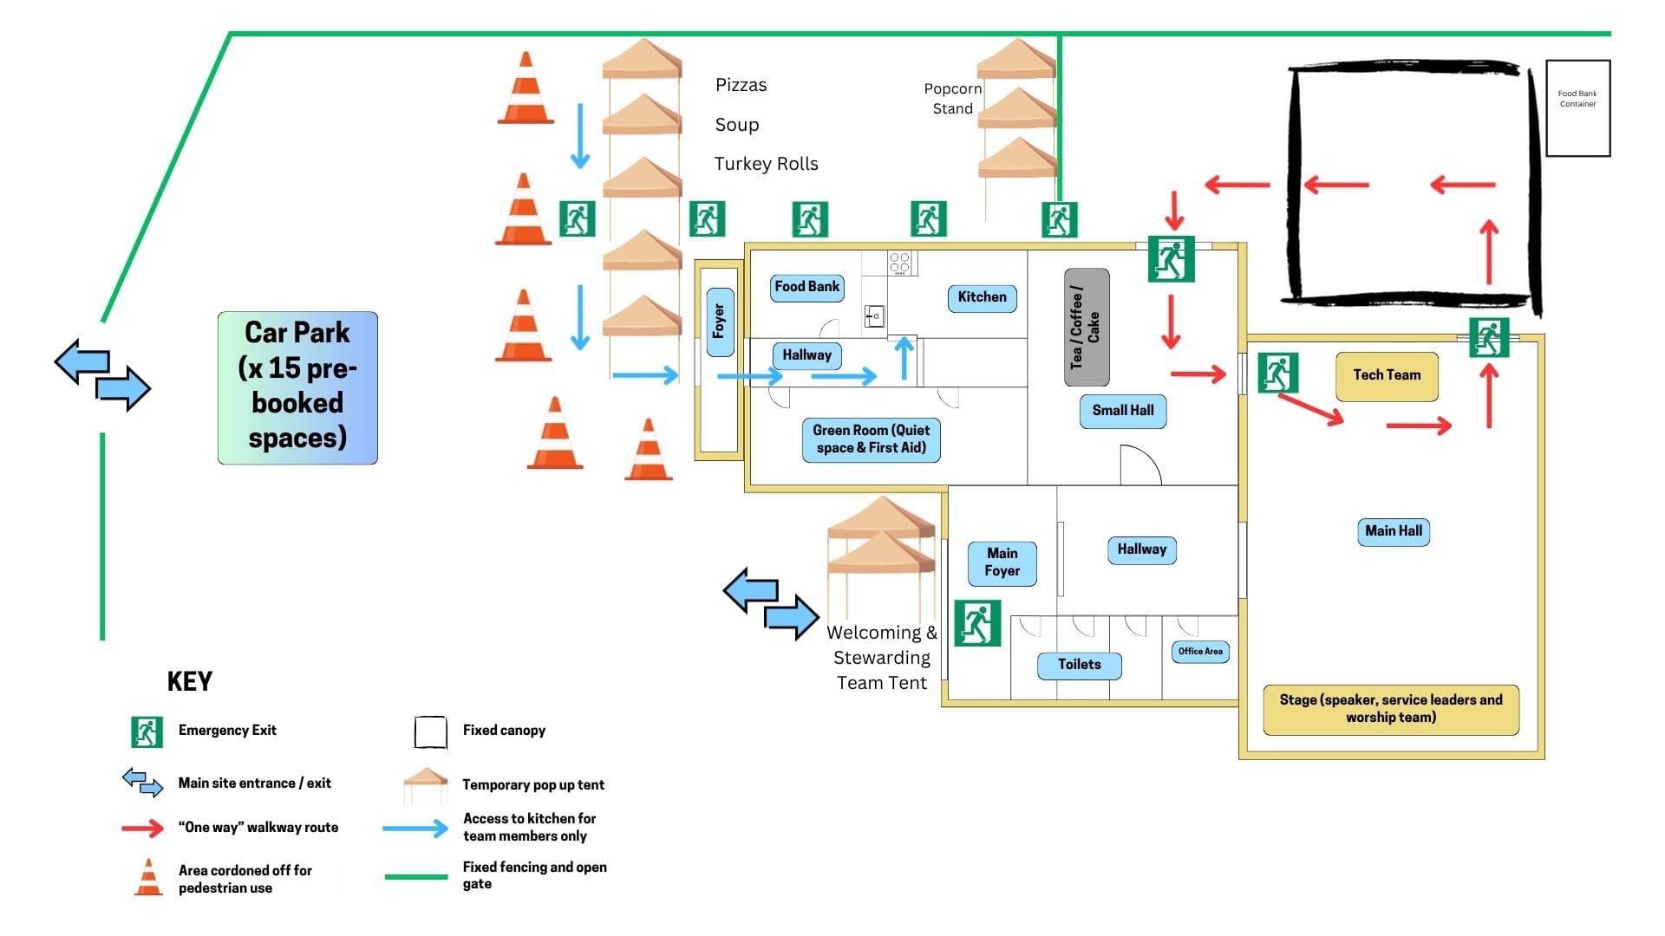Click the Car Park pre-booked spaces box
click(297, 387)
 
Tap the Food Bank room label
click(806, 287)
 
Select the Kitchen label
click(982, 297)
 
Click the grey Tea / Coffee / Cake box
click(1086, 327)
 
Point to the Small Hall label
click(1122, 411)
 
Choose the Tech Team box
click(1387, 375)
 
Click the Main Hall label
click(1393, 531)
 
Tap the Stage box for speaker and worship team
click(1390, 708)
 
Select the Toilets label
click(1079, 665)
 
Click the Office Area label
click(1200, 652)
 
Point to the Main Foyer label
click(1002, 562)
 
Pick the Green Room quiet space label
click(871, 439)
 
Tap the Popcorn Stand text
click(952, 98)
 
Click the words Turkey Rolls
click(766, 164)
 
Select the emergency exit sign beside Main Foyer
click(977, 623)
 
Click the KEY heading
click(189, 682)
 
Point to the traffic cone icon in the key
click(149, 877)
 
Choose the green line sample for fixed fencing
click(415, 876)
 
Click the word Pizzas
click(741, 85)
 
